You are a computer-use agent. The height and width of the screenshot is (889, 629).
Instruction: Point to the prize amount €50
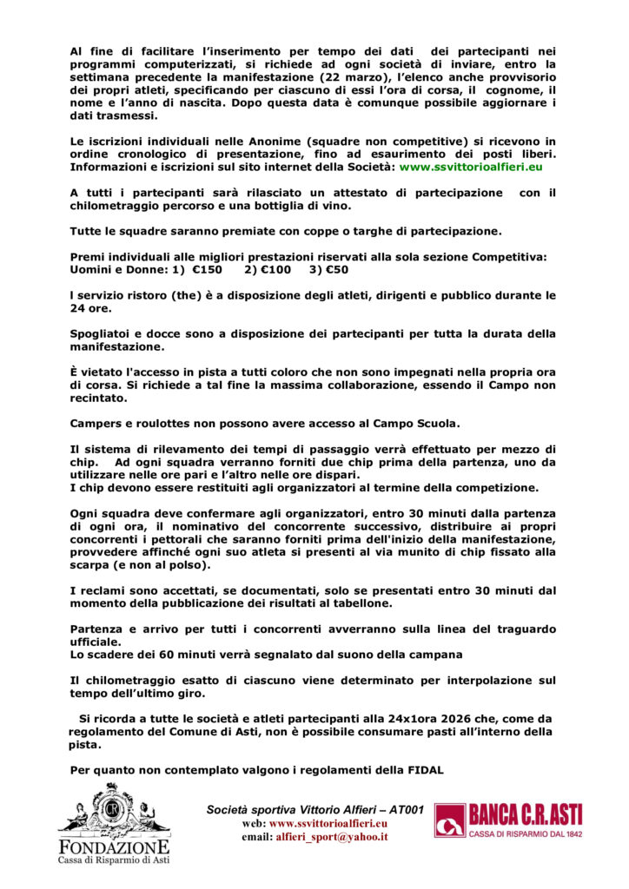(x=335, y=270)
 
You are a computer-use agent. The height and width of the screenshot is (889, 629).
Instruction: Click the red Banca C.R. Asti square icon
(x=450, y=820)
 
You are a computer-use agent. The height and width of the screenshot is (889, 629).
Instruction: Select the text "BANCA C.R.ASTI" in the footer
(x=526, y=814)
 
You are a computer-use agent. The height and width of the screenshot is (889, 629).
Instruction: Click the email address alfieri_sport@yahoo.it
(x=331, y=837)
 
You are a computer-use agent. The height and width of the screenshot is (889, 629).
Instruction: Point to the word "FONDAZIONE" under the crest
(x=113, y=847)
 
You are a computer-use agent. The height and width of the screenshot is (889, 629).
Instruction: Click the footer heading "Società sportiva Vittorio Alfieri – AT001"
(x=314, y=809)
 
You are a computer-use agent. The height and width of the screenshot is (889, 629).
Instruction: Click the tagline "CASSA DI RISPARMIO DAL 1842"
(x=526, y=833)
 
